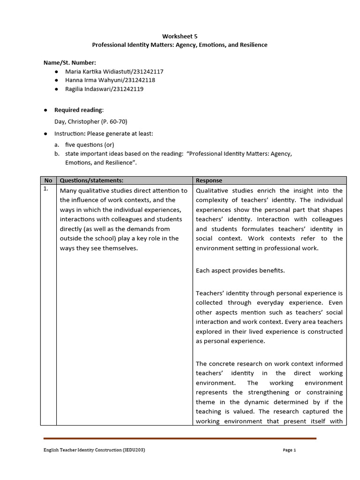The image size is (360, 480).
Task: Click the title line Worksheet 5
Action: pos(180,36)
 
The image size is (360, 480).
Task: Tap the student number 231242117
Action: pos(147,71)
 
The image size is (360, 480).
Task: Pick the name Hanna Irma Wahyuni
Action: pos(91,80)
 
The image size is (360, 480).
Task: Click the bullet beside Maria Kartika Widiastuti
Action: pos(56,71)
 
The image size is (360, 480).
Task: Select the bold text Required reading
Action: pos(78,110)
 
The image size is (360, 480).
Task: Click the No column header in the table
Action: pos(48,180)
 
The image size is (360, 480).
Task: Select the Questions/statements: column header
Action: pos(91,180)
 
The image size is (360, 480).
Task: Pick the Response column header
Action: pos(209,180)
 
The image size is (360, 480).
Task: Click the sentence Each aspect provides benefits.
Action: pos(240,270)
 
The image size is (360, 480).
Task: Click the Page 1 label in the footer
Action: pos(290,450)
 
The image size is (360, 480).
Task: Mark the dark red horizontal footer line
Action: pos(180,439)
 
